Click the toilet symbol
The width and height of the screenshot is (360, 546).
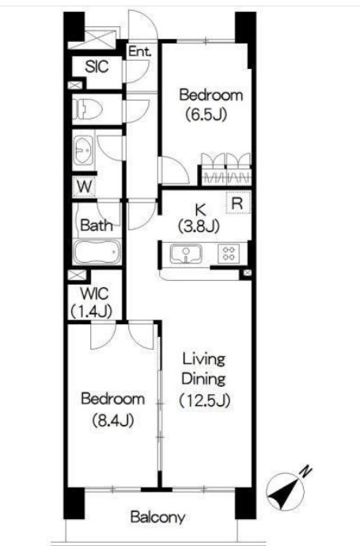point(87,109)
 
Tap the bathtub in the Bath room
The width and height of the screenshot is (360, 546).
point(97,252)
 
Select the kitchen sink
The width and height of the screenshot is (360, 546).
point(186,253)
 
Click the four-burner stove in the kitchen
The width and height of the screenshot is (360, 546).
point(229,253)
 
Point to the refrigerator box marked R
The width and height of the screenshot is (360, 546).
point(238,203)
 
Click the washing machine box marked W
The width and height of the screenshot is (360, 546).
point(84,187)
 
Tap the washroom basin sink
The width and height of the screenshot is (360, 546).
point(84,150)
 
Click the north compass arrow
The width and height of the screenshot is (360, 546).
point(286,492)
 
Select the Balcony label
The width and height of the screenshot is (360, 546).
point(157,517)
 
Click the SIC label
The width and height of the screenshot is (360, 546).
point(97,66)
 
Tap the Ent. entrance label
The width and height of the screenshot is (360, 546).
point(140,52)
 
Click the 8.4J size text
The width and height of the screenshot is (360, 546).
point(113,421)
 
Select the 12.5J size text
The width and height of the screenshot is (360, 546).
point(205,400)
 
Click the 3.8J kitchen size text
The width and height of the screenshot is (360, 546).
point(199,226)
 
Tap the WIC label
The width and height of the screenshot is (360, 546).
point(95,294)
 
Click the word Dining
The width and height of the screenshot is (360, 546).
point(203,379)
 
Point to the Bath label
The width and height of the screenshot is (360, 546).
point(97,226)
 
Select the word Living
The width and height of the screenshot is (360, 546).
point(204,359)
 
